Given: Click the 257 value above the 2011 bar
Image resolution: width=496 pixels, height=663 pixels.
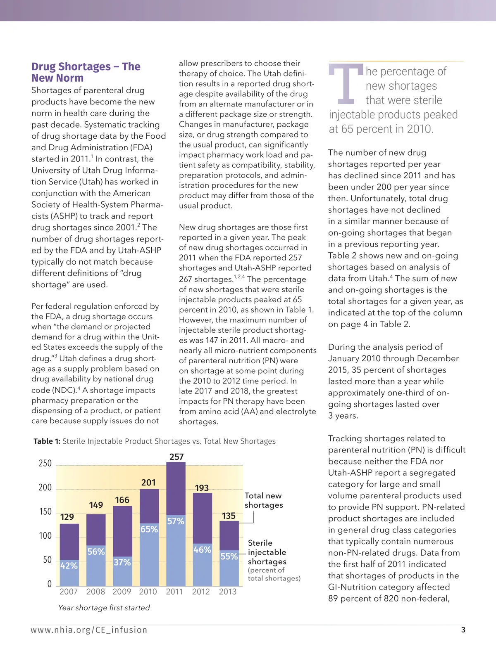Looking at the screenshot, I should coord(176,457).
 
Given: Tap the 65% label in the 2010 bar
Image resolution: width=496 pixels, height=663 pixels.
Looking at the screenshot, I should coord(149,529).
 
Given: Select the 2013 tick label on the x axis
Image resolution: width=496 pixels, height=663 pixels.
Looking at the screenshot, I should coord(227,592).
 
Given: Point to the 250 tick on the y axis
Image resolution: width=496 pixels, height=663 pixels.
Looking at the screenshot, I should coord(45,463).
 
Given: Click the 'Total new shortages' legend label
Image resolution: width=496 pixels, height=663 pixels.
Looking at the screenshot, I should coord(264,500).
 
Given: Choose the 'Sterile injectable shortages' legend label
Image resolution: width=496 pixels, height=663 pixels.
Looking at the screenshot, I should coord(267,552).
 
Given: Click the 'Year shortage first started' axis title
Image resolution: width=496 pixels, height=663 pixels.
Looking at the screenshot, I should coord(104,608).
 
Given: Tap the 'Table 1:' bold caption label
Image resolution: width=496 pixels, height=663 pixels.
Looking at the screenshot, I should coord(47,441).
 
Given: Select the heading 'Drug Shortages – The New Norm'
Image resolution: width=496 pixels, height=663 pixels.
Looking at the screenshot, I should coord(86,72).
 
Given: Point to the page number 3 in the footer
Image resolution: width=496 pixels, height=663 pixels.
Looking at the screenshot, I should coord(463,630).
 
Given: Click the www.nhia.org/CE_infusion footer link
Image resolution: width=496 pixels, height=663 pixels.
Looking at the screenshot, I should coord(89,630).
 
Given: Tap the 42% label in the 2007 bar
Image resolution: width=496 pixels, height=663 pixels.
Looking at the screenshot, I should coord(69,566).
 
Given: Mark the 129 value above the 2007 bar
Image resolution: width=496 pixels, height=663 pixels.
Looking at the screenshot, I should coord(67,517).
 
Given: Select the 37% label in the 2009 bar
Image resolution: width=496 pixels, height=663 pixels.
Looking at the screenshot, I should coord(122,562).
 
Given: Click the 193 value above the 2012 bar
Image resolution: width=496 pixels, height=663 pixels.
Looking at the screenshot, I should coord(202,488).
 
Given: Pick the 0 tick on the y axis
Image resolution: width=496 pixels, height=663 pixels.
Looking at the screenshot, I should coord(50,584).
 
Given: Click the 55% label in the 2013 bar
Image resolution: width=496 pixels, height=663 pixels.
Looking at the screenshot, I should coord(229,556).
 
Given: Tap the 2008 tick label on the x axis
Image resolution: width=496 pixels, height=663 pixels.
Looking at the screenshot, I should coord(95,592).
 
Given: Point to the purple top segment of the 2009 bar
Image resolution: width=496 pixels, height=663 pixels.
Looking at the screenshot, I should coord(122,530).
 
